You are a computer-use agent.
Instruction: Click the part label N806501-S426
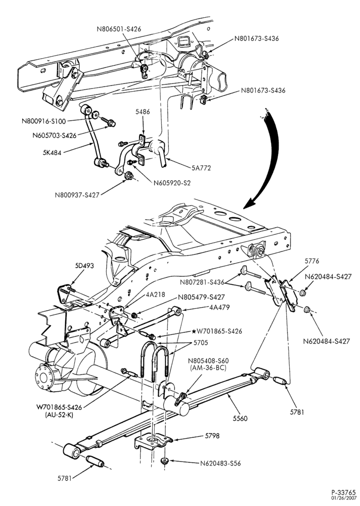coord(119,29)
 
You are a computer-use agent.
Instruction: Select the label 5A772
coord(201,167)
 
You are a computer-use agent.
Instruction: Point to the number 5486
coord(142,112)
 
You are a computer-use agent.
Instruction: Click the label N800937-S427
coord(77,195)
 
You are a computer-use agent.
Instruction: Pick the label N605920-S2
coord(172,183)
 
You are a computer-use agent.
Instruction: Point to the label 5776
coord(311,261)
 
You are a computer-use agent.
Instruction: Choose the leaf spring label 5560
coord(240,418)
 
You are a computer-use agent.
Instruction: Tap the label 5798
coord(212,436)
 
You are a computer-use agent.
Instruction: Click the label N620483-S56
coord(220,463)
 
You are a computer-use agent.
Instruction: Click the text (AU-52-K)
coord(59,415)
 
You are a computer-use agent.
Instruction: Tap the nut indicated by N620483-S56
coord(165,460)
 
